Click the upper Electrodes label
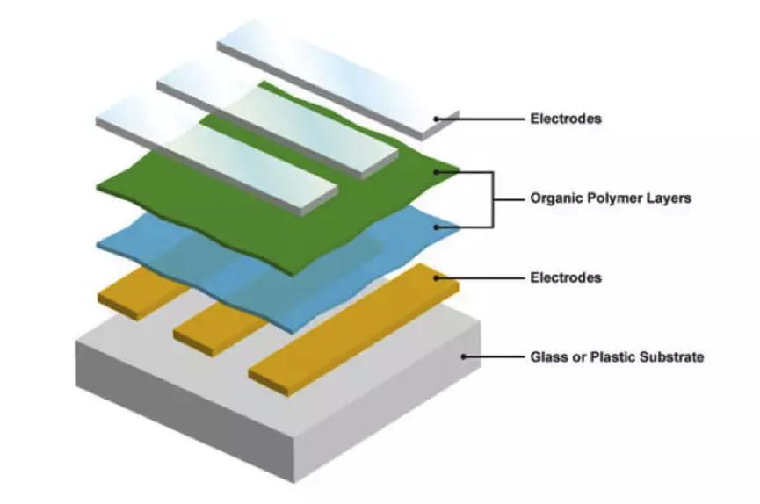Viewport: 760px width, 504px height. coord(566,119)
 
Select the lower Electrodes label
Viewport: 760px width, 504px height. coord(566,277)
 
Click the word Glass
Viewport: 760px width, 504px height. coord(548,357)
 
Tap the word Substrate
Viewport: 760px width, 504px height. coord(672,357)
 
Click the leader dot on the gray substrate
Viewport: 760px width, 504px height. coord(466,356)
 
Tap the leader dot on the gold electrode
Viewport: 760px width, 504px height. coord(437,277)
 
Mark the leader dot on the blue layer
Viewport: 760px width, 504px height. coord(437,227)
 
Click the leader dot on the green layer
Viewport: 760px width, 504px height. coord(437,173)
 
